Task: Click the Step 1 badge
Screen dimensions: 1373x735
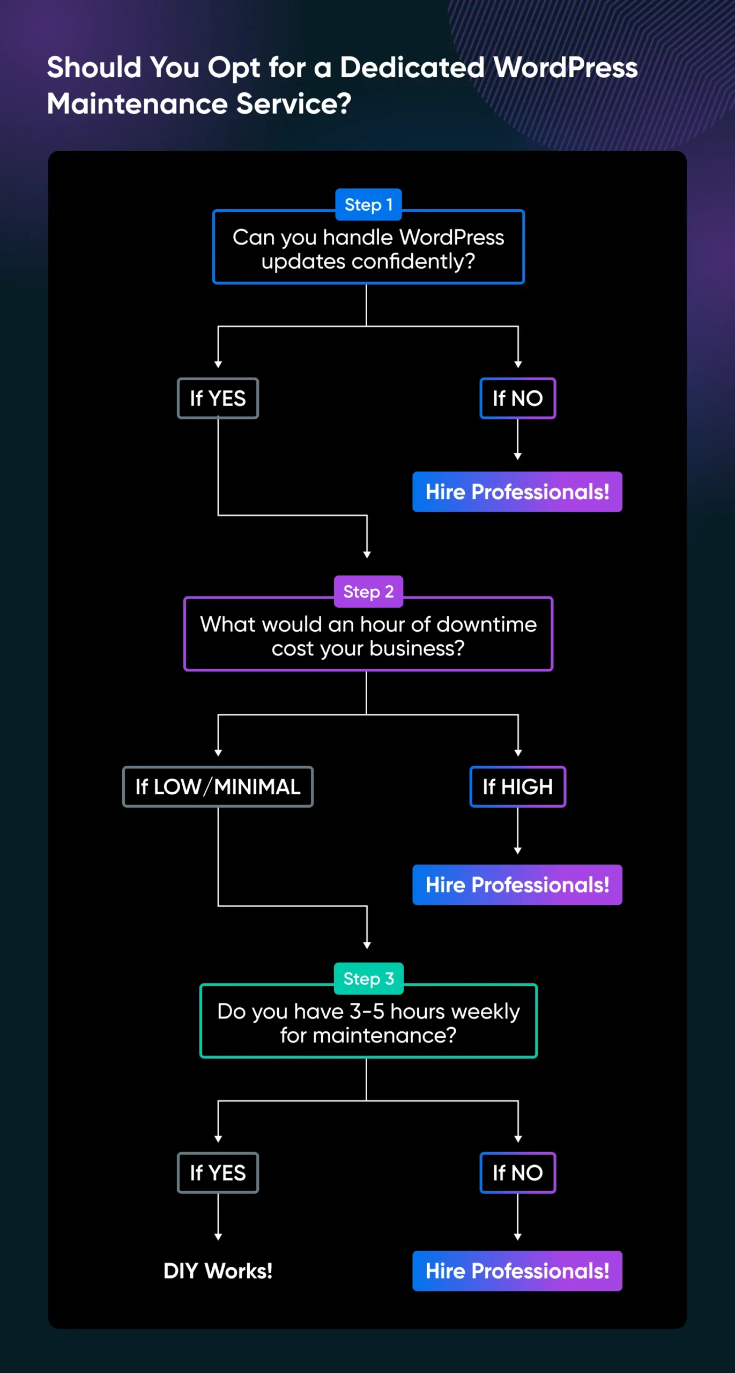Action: point(368,205)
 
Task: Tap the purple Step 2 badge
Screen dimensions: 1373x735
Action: point(368,592)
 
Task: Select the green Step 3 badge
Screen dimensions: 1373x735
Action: point(368,979)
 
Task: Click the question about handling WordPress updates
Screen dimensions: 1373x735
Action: point(368,249)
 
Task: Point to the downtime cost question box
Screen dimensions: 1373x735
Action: point(368,636)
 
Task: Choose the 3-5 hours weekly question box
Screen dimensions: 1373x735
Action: point(368,1023)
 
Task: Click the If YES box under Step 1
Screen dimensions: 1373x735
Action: point(218,398)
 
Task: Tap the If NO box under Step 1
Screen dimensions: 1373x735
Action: point(517,398)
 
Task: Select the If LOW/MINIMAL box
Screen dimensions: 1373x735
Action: point(218,787)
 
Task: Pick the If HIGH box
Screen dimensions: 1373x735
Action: point(517,787)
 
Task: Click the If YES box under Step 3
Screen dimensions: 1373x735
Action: point(218,1173)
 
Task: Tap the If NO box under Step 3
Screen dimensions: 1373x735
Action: point(517,1173)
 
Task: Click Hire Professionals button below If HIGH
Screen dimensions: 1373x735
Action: point(517,885)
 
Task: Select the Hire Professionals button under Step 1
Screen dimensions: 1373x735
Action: point(517,492)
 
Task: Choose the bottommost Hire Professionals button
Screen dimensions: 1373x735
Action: point(517,1271)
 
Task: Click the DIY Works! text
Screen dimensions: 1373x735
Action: point(218,1271)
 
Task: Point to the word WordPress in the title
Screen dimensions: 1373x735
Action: point(565,68)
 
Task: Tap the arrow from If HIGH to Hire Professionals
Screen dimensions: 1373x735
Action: point(517,830)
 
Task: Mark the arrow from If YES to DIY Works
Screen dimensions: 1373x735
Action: point(218,1217)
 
